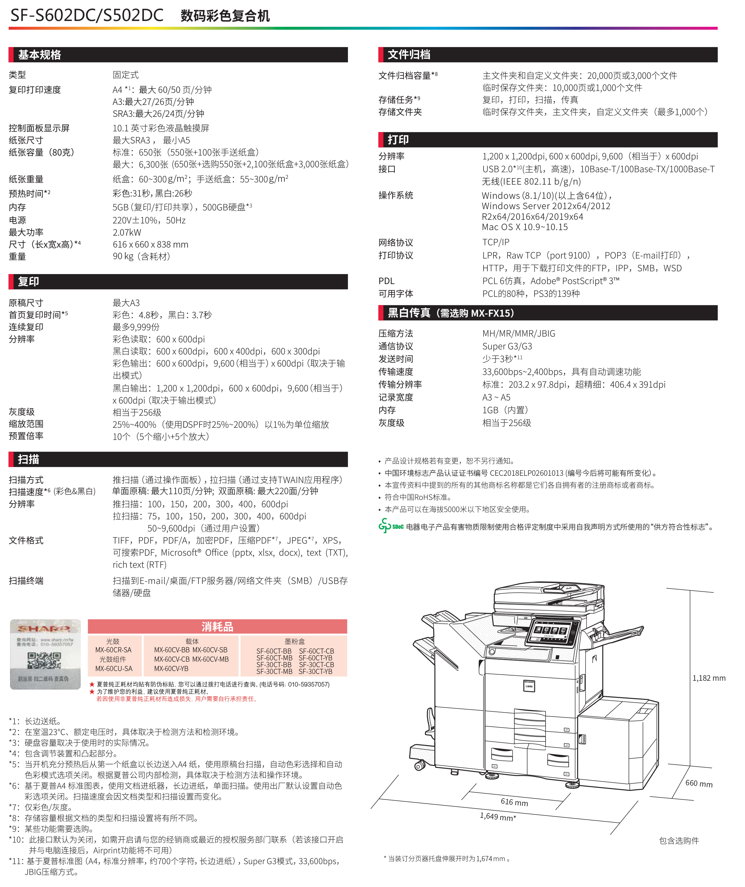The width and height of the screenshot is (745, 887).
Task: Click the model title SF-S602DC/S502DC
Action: tap(87, 15)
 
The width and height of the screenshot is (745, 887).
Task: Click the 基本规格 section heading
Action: tap(39, 55)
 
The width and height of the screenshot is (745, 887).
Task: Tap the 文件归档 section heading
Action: tap(409, 55)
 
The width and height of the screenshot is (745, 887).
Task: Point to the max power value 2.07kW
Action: tap(127, 232)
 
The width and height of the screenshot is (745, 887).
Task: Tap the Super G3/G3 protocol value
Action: tap(507, 346)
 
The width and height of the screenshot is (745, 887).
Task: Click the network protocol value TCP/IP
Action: tap(496, 242)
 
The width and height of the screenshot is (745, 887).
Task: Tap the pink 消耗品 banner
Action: tap(218, 627)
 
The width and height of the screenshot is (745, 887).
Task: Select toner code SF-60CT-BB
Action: tap(274, 651)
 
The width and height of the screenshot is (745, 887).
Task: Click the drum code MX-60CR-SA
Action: tap(113, 650)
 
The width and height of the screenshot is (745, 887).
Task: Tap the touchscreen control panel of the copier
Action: tap(552, 632)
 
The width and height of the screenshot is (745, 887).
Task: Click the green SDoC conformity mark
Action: tap(391, 526)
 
